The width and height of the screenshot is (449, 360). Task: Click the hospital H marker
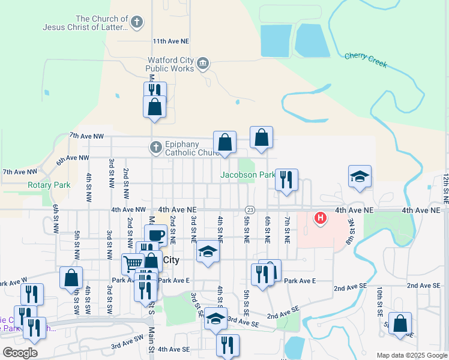point(321,217)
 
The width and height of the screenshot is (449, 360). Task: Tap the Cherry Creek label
point(366,60)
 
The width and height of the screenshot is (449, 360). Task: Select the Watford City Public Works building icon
point(203,63)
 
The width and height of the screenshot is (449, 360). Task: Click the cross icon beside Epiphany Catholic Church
point(155,146)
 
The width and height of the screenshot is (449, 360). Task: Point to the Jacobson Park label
point(247,175)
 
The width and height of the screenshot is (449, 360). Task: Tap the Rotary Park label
point(49,185)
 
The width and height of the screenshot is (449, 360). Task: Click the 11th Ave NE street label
point(170,41)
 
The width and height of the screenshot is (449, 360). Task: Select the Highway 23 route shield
point(250,209)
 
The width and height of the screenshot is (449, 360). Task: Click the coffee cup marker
point(155,234)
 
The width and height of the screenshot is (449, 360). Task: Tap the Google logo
point(20,352)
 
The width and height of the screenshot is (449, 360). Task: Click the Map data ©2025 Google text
point(411,355)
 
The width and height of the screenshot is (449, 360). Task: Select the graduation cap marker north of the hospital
point(360,176)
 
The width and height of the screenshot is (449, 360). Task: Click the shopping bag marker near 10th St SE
point(400,323)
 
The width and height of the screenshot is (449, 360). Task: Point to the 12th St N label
point(445,188)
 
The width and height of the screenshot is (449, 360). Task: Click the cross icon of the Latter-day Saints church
point(137,23)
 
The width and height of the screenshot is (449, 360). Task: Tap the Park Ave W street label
point(13,283)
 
